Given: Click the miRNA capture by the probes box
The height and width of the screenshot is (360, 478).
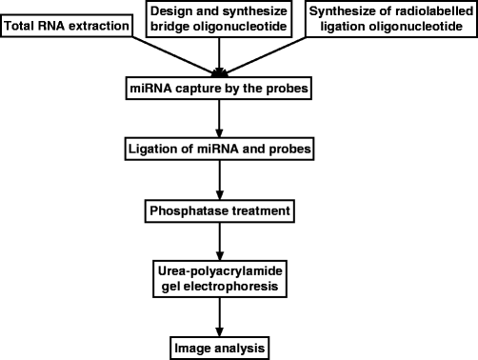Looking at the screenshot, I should pos(220,90).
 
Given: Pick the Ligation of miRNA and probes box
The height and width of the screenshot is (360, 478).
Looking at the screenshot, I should pos(220,149).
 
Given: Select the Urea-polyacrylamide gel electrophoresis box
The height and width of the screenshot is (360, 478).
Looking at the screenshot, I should pos(220,276).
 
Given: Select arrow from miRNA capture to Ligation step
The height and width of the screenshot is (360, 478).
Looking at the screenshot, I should pos(220,120).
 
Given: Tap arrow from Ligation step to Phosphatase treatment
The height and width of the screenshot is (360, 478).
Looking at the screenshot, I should pos(220,179).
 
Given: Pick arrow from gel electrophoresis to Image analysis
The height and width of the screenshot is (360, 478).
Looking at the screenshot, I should pos(220,314).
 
